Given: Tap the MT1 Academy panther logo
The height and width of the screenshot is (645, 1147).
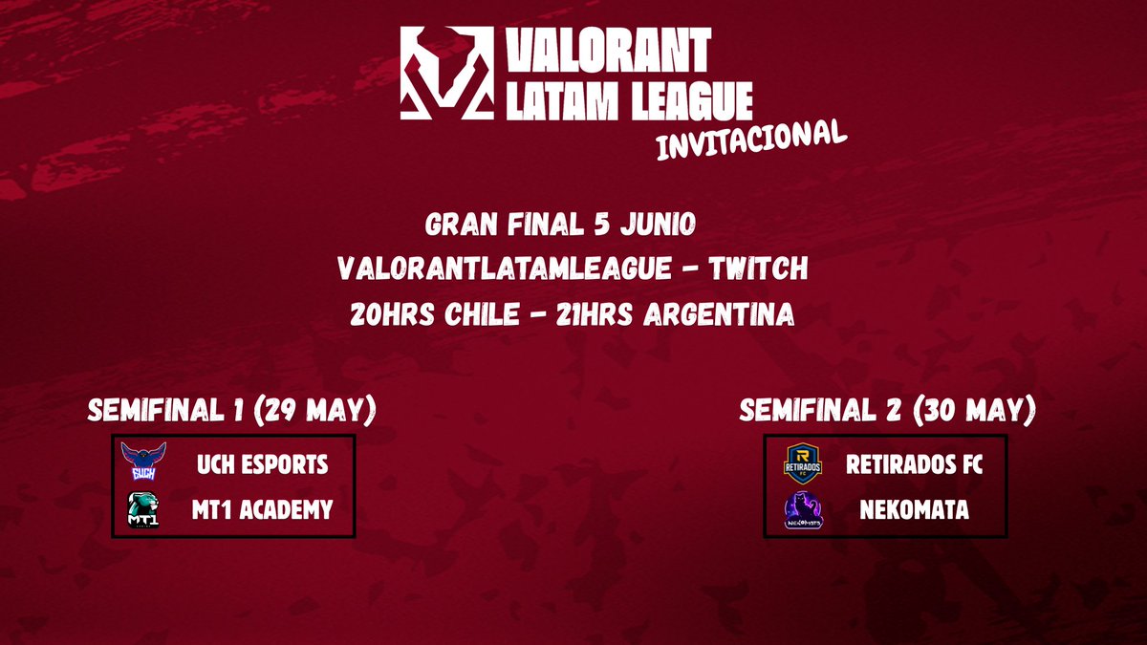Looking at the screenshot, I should click(x=144, y=509).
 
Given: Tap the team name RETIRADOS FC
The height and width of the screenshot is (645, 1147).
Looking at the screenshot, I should click(x=914, y=464).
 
